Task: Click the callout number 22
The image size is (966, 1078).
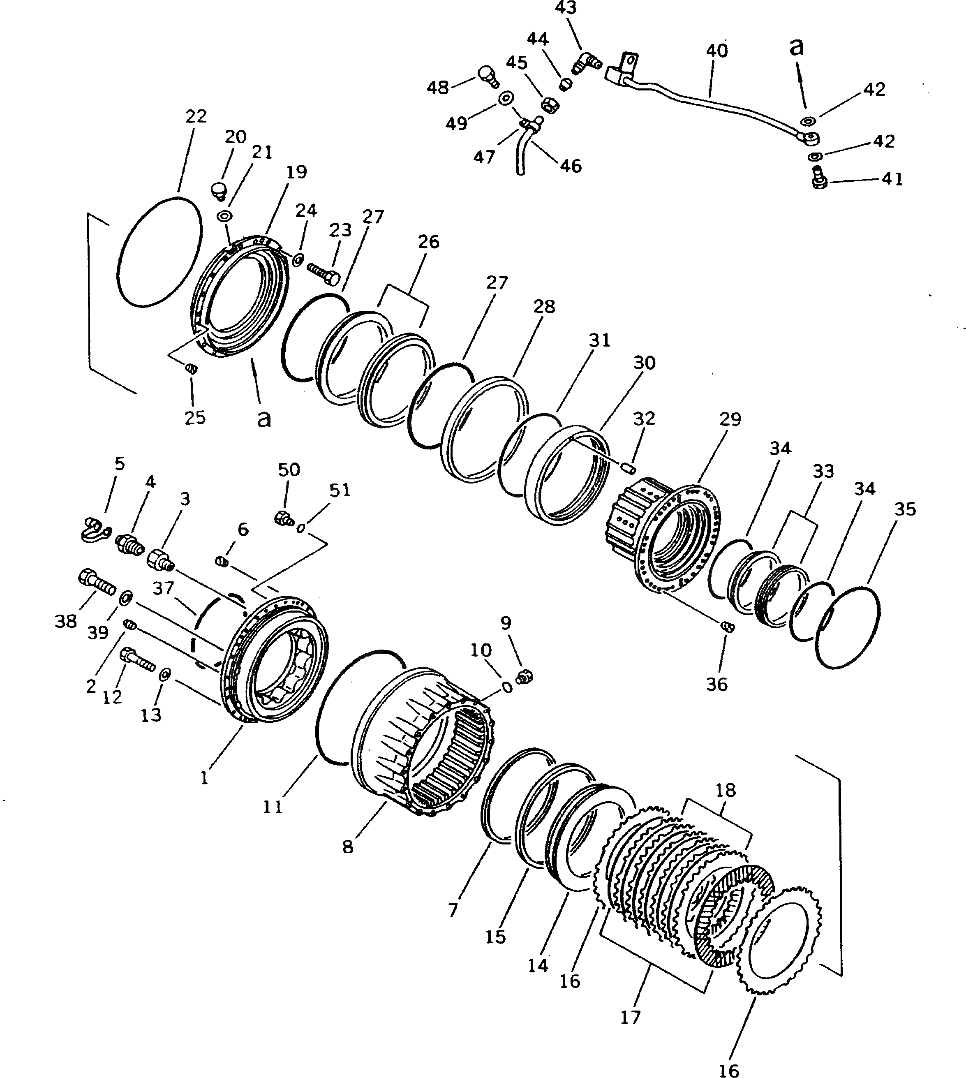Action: (196, 116)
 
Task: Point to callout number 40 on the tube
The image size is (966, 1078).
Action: (716, 51)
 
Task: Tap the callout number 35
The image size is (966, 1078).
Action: (904, 509)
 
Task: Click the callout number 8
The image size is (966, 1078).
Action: (348, 847)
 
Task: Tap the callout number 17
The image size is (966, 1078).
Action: (630, 1018)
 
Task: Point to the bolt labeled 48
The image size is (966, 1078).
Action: (487, 76)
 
